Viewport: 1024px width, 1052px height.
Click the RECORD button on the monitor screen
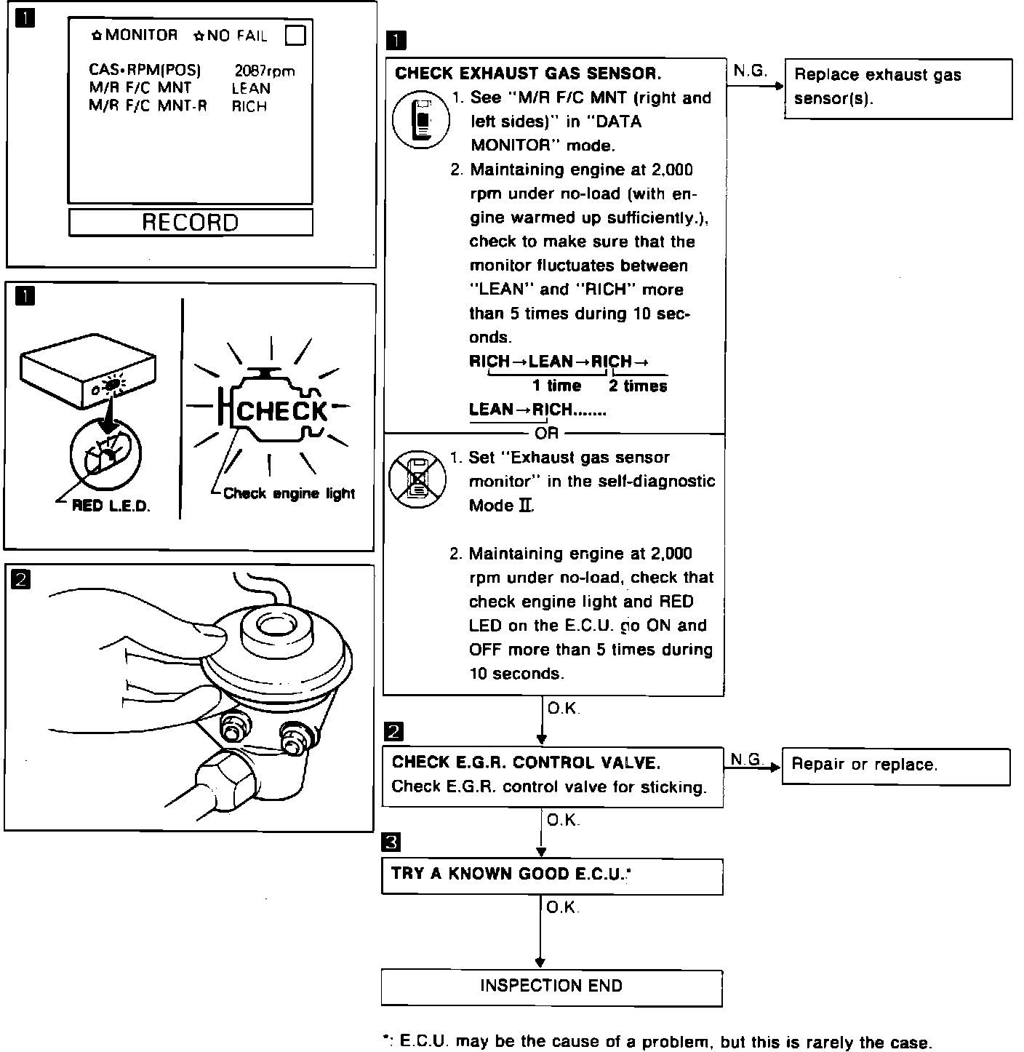point(191,222)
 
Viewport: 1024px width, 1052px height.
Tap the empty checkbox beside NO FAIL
point(295,35)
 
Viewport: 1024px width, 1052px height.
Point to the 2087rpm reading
point(265,71)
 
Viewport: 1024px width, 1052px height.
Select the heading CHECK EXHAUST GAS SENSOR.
point(528,73)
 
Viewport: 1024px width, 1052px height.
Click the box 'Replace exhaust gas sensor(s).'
point(897,88)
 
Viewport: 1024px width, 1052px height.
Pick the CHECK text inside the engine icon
point(282,411)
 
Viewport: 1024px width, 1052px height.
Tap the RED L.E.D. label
point(111,506)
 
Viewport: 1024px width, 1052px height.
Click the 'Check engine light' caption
point(289,493)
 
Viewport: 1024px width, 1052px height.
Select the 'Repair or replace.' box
point(895,765)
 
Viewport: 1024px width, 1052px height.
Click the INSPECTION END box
point(551,987)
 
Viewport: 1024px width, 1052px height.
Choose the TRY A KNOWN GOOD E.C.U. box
point(551,875)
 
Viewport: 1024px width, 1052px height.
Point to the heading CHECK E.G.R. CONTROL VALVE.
point(526,762)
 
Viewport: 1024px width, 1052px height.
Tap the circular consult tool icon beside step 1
point(417,119)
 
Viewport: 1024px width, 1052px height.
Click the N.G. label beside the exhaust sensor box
point(750,71)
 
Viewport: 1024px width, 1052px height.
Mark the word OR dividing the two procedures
point(546,433)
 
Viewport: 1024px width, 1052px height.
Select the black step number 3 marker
point(391,842)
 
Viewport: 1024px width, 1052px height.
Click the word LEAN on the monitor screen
point(251,89)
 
